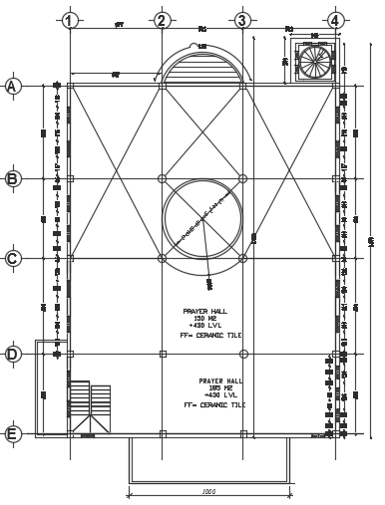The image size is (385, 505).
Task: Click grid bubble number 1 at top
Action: point(68,20)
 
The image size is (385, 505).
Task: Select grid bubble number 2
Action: point(162,20)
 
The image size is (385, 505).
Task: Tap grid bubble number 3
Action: point(241,20)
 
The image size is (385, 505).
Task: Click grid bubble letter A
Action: point(13,87)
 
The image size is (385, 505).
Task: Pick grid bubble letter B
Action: point(13,179)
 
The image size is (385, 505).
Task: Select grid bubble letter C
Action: point(13,259)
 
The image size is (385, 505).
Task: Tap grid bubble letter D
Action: point(13,354)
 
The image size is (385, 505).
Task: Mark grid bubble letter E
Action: point(13,433)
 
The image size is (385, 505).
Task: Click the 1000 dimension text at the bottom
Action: point(208,491)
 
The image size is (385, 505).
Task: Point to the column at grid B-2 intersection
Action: point(162,179)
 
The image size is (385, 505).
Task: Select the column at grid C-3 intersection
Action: point(241,259)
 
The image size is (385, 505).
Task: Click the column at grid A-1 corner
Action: point(70,87)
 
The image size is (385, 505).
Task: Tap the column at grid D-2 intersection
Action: point(162,354)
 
